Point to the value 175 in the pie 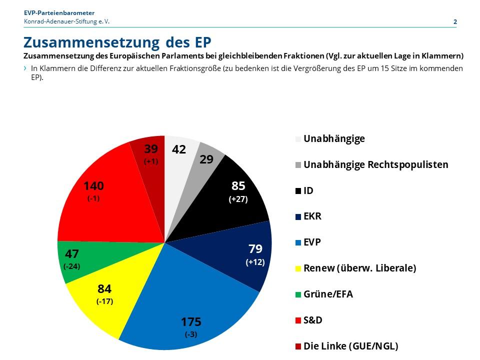point(190,321)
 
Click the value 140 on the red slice point(93,186)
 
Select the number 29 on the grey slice point(206,159)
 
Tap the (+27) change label point(238,199)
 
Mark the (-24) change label point(72,266)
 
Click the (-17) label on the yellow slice point(104,301)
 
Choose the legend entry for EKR point(312,216)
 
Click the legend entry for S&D point(312,320)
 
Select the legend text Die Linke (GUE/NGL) point(350,346)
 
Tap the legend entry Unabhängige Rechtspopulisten point(375,164)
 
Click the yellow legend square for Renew point(299,268)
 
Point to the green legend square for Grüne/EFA point(299,294)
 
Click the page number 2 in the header point(455,21)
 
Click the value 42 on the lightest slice point(179,149)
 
